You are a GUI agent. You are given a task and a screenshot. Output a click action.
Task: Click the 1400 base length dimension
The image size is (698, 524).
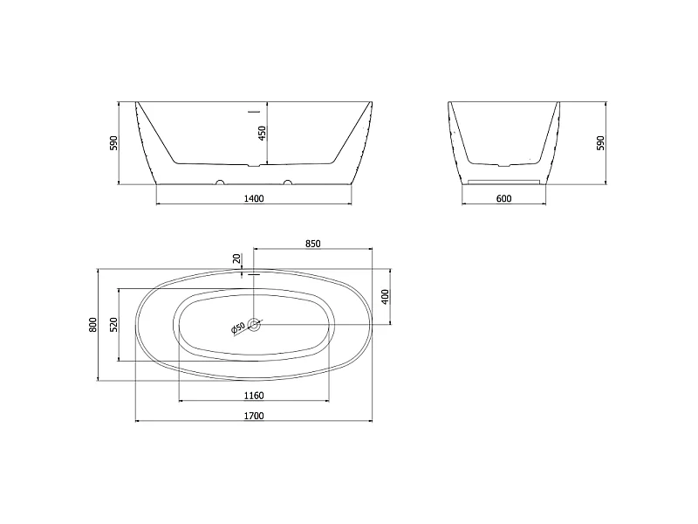[254, 198]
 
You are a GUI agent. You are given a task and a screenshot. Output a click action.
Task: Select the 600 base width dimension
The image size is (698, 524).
[503, 198]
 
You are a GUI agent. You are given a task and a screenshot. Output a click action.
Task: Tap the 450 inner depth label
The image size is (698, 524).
[263, 134]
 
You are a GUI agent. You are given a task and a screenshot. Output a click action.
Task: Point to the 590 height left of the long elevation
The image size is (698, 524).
[114, 143]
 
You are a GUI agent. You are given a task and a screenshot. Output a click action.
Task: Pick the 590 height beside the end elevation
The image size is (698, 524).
[600, 143]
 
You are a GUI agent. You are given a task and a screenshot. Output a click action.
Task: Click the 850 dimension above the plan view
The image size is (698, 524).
[313, 244]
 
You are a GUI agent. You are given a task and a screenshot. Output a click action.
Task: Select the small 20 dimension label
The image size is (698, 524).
[236, 259]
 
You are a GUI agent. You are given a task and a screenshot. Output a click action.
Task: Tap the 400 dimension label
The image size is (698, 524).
[386, 296]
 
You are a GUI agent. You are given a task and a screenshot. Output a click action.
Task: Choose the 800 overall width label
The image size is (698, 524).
[92, 324]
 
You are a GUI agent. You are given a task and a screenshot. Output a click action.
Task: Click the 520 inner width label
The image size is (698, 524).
[113, 324]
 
